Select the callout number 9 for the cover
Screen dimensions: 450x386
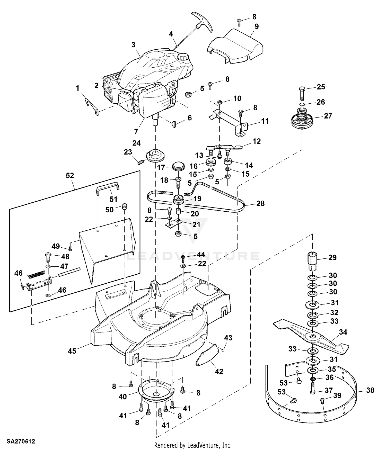[256, 26]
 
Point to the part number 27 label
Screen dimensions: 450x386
[328, 116]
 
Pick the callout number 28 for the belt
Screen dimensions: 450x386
[260, 203]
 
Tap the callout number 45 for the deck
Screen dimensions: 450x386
[72, 351]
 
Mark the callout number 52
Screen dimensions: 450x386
[70, 175]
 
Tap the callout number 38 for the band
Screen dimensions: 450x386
[370, 390]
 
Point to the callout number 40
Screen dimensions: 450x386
[122, 397]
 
